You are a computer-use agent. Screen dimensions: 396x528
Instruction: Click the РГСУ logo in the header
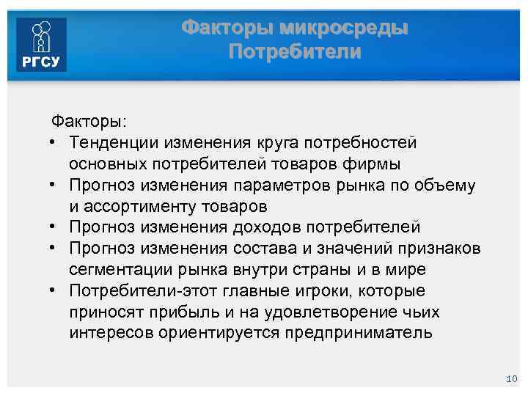pyautogui.click(x=43, y=45)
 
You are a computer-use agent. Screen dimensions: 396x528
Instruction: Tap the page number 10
pyautogui.click(x=511, y=378)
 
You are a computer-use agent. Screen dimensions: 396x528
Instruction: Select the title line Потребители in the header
pyautogui.click(x=295, y=52)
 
